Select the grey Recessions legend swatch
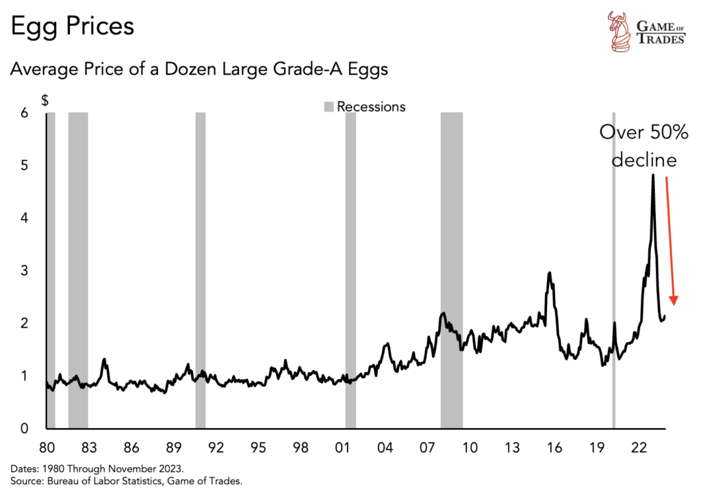click(x=329, y=107)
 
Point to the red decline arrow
click(x=670, y=239)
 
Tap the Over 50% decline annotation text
click(x=643, y=146)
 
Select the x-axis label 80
click(x=47, y=448)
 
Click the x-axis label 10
click(x=469, y=448)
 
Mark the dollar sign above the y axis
click(x=45, y=100)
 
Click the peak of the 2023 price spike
click(x=652, y=175)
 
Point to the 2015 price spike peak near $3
click(x=549, y=273)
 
